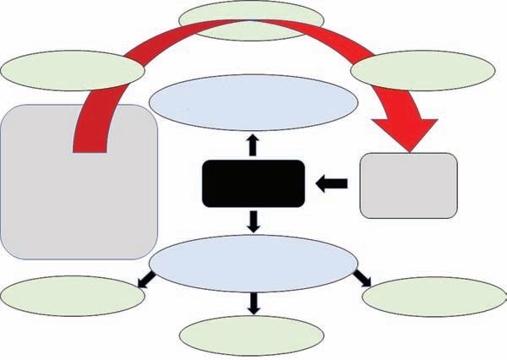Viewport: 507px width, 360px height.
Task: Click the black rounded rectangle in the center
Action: click(x=253, y=183)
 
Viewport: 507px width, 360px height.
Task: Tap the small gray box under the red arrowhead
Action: click(x=409, y=186)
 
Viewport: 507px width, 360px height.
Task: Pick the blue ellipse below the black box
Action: click(x=253, y=265)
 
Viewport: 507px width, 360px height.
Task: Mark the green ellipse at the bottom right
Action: click(x=433, y=296)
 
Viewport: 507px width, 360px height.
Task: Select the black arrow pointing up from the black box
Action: click(x=252, y=145)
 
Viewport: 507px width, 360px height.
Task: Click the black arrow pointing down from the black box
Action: click(x=252, y=222)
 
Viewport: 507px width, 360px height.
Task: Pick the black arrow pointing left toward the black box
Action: click(x=330, y=183)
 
